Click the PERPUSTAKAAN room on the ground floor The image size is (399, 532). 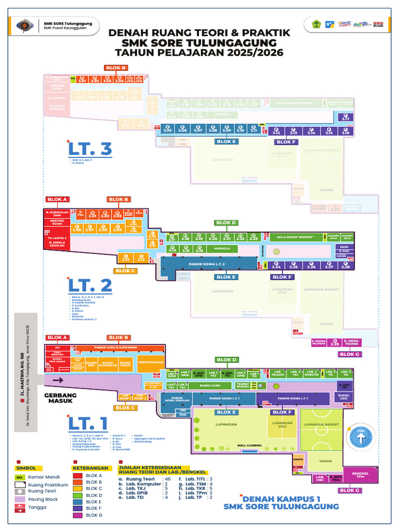151,362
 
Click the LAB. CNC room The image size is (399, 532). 320,478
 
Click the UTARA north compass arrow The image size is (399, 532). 362,439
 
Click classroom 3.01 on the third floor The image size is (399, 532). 82,79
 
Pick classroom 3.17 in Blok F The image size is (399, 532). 345,118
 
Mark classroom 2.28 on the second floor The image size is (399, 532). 345,266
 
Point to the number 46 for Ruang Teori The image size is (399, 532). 167,478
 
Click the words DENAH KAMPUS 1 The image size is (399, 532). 282,497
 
